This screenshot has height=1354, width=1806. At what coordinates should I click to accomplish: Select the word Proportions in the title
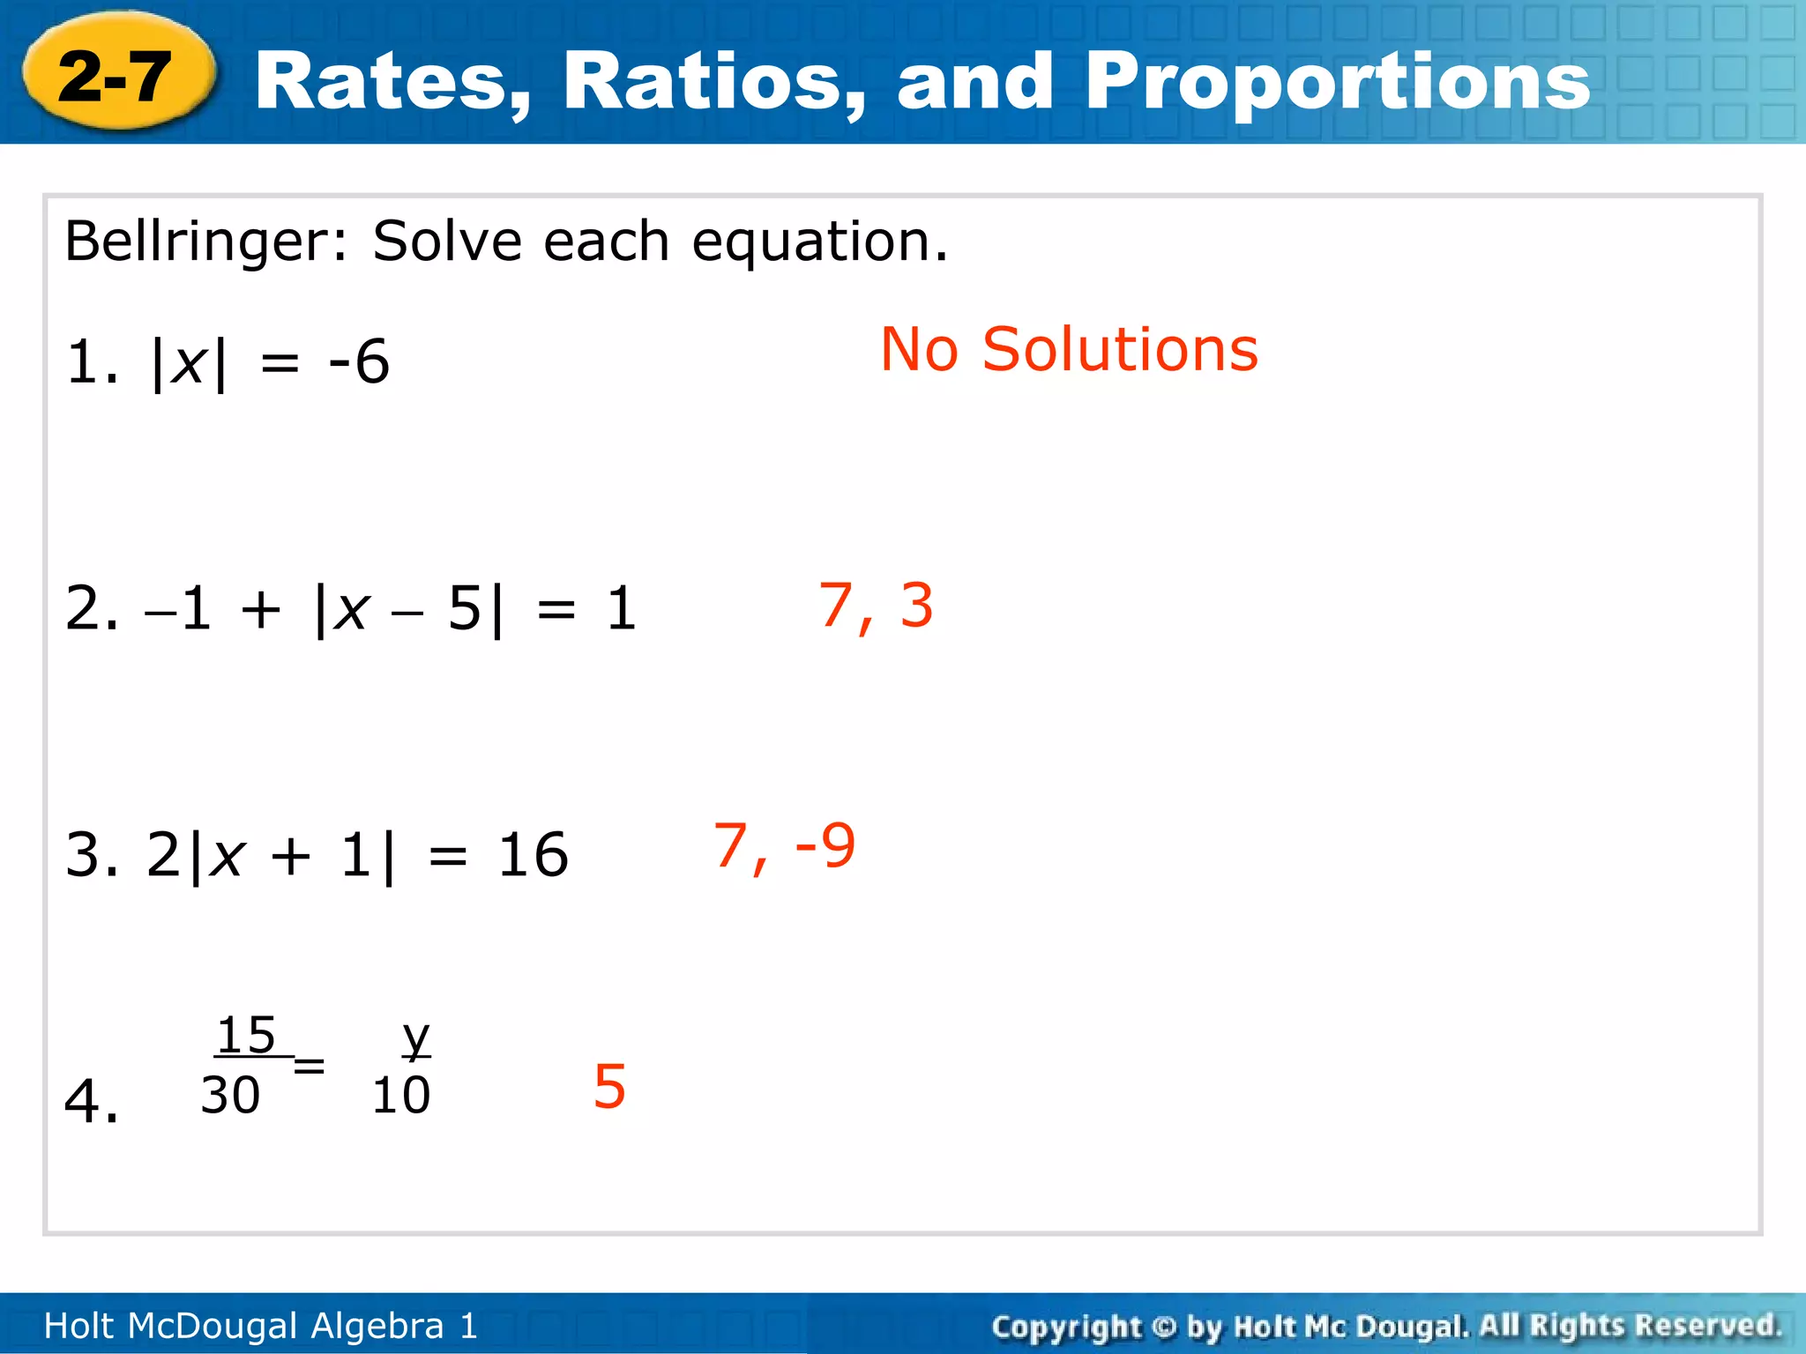(x=1337, y=83)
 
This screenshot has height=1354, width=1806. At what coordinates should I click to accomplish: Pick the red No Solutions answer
(x=1069, y=349)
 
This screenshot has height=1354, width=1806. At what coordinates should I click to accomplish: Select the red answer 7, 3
(x=876, y=606)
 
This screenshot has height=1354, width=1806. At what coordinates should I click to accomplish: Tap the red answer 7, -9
(x=784, y=846)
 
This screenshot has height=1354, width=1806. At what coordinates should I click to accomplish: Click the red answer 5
(x=609, y=1086)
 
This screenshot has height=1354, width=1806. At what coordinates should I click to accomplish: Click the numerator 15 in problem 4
(x=246, y=1035)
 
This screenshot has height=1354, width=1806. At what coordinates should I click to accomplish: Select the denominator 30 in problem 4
(x=230, y=1096)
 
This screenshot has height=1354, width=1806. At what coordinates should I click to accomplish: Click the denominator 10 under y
(x=401, y=1096)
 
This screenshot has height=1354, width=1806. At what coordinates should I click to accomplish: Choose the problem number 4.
(x=90, y=1101)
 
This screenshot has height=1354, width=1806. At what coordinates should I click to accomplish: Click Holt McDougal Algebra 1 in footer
(x=260, y=1326)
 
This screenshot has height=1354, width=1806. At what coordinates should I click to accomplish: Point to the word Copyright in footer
(x=1065, y=1326)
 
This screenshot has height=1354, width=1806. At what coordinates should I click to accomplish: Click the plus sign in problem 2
(x=261, y=608)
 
